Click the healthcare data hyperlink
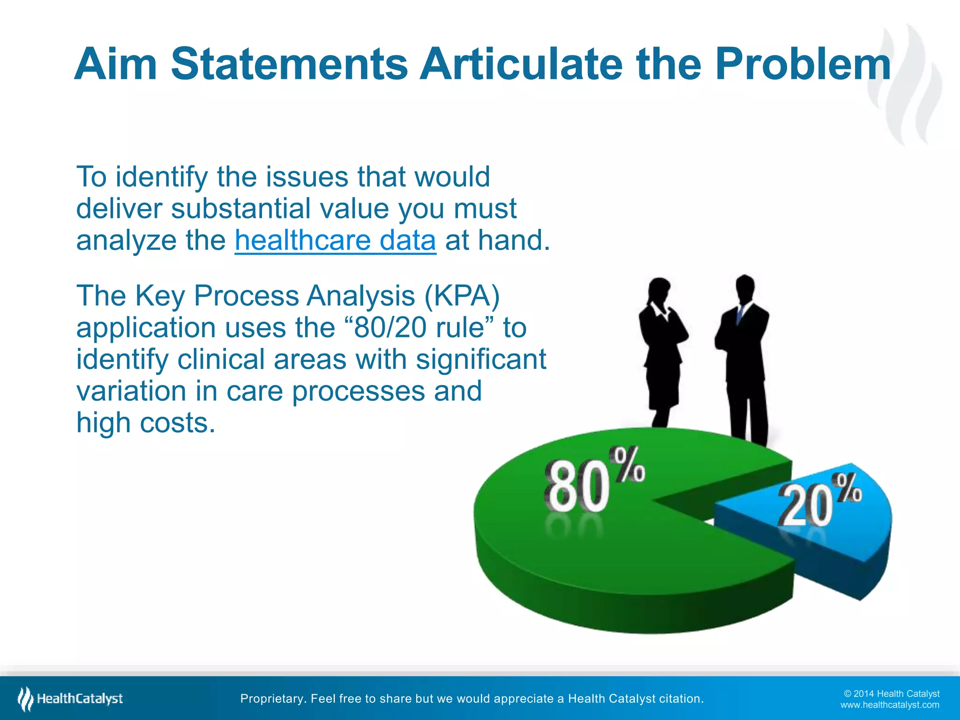(x=335, y=240)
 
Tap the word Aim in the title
(x=115, y=64)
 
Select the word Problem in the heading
(x=802, y=64)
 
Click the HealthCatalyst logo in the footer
(x=70, y=699)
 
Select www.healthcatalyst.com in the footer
(x=889, y=705)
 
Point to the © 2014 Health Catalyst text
(x=891, y=694)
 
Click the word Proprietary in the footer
(x=271, y=699)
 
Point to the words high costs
(x=145, y=423)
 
